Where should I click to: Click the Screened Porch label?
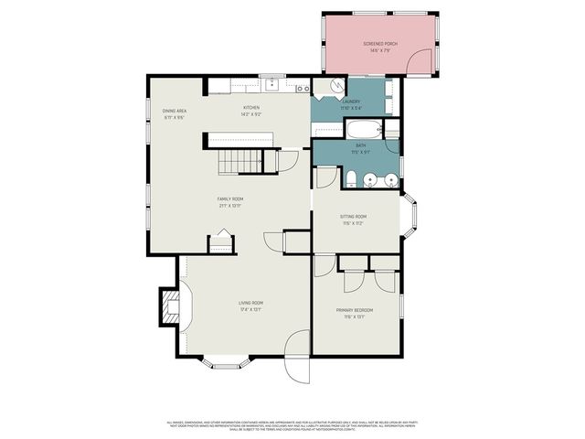coord(380,47)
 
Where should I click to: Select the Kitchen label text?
coord(251,112)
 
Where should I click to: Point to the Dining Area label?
coord(175,114)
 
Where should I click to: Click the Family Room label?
coord(229,202)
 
